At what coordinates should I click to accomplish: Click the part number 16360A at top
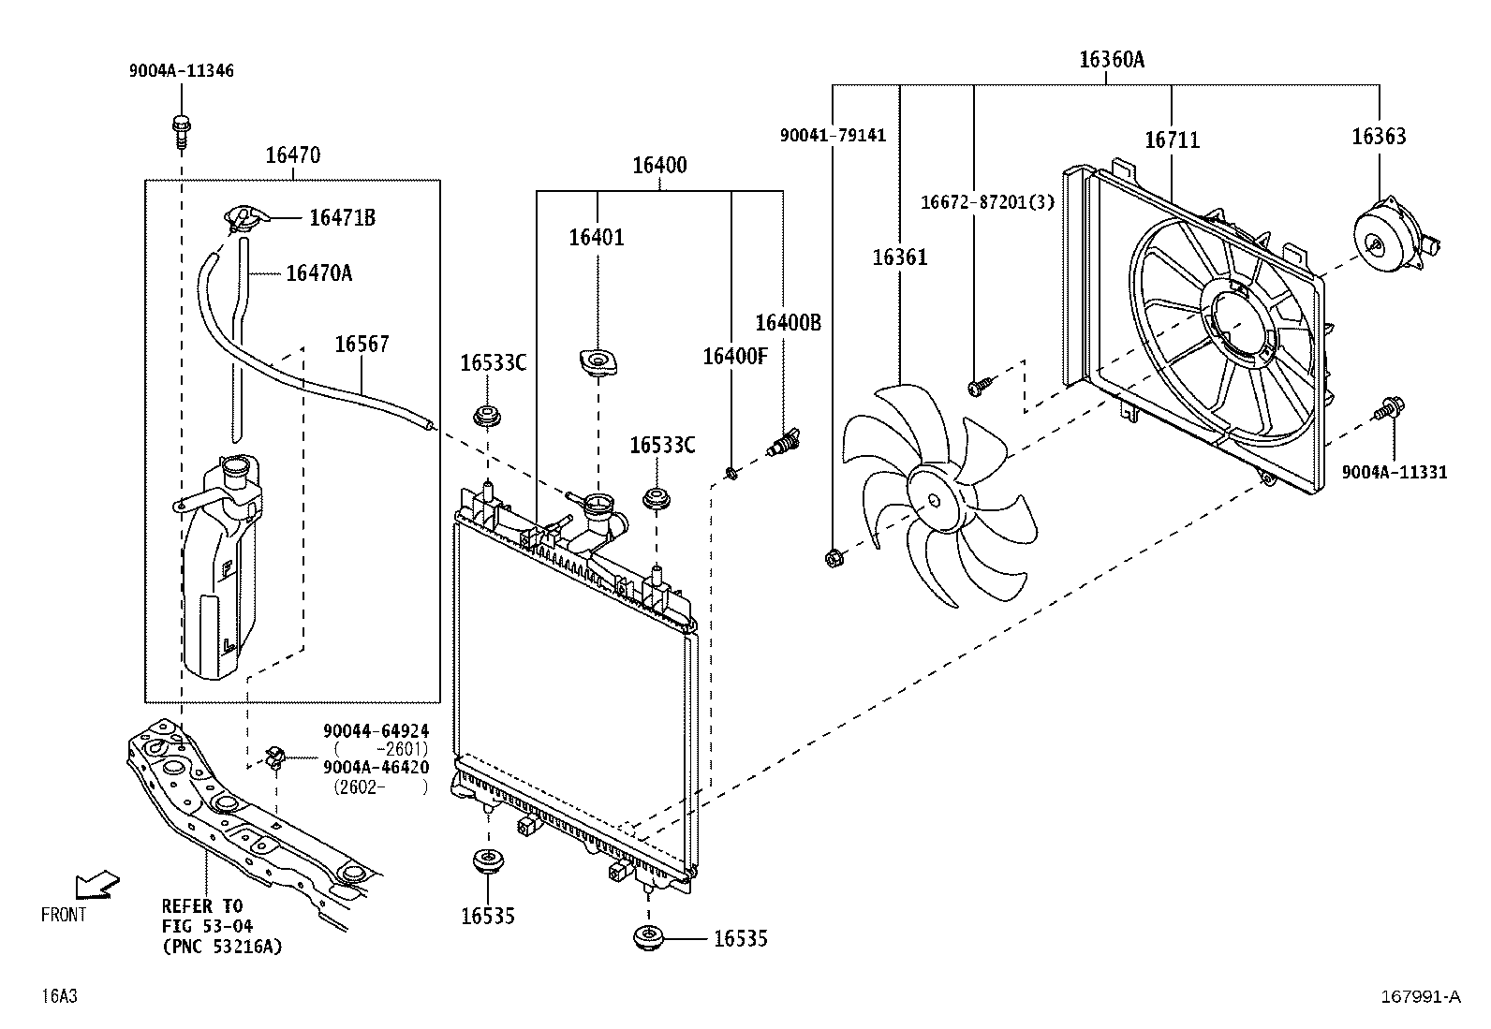(x=1111, y=60)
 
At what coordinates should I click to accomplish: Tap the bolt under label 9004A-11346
(x=181, y=132)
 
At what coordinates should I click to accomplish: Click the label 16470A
(x=318, y=272)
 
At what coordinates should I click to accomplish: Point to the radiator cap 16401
(x=598, y=362)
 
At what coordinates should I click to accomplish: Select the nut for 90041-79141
(x=833, y=557)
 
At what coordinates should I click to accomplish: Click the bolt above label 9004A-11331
(x=1389, y=408)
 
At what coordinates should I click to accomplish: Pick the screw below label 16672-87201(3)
(x=980, y=386)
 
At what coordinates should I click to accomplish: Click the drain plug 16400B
(x=784, y=442)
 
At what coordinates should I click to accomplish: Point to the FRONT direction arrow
(x=97, y=885)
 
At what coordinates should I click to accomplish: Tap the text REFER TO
(x=202, y=905)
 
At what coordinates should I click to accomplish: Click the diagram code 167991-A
(x=1421, y=996)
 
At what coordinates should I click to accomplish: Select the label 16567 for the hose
(x=362, y=345)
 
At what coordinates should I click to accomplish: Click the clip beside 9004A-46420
(x=275, y=757)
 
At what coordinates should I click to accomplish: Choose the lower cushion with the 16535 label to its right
(x=648, y=937)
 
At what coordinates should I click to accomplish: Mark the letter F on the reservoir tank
(x=227, y=569)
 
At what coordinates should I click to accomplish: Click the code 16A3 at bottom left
(x=59, y=995)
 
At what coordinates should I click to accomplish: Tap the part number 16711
(x=1173, y=140)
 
